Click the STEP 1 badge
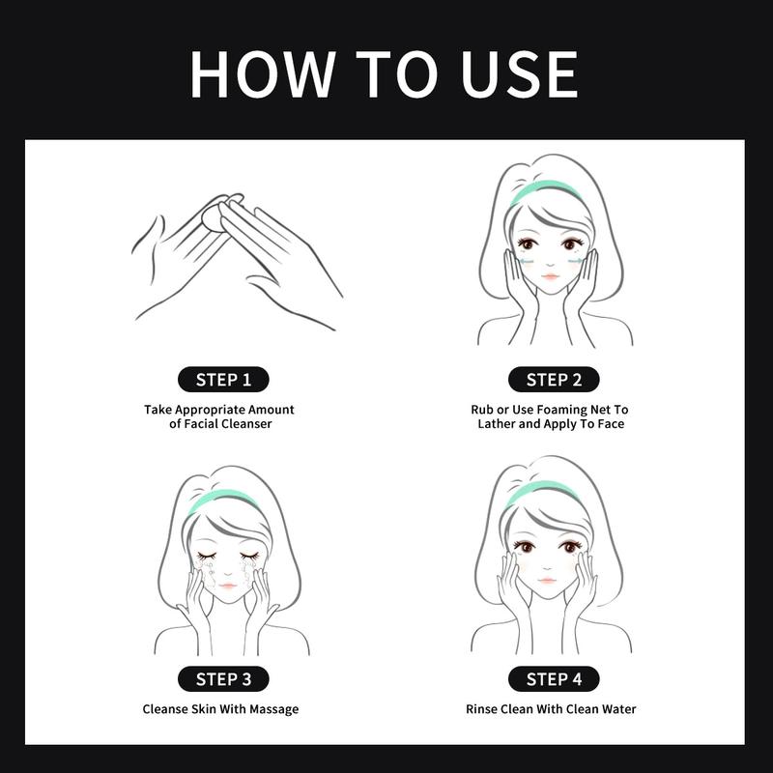pyautogui.click(x=223, y=380)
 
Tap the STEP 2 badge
pyautogui.click(x=554, y=380)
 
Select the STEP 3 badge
pyautogui.click(x=223, y=679)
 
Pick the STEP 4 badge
pyautogui.click(x=554, y=679)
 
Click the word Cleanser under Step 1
pyautogui.click(x=246, y=423)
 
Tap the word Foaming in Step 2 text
pyautogui.click(x=559, y=410)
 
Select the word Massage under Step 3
pyautogui.click(x=273, y=709)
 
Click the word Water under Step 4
pyautogui.click(x=619, y=709)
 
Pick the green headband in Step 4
pyautogui.click(x=540, y=492)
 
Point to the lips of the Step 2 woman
pyautogui.click(x=551, y=275)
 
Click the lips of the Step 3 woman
pyautogui.click(x=227, y=586)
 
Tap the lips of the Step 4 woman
pyautogui.click(x=547, y=580)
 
